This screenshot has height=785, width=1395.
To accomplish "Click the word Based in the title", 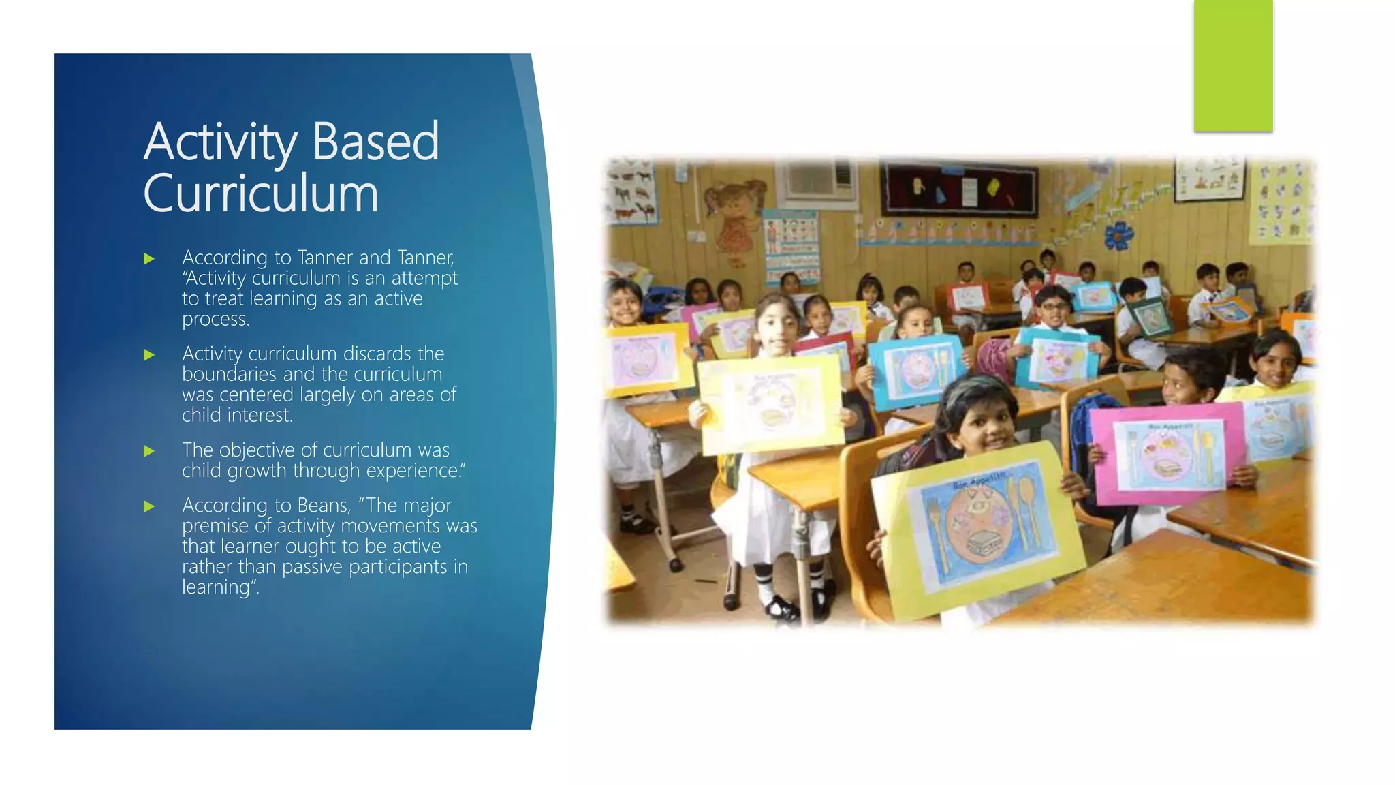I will pyautogui.click(x=375, y=142).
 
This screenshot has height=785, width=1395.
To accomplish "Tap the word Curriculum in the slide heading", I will pyautogui.click(x=260, y=194).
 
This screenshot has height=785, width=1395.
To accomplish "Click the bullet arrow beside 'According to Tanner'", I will pyautogui.click(x=149, y=259).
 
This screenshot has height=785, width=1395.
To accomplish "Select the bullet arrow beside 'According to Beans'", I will pyautogui.click(x=149, y=506).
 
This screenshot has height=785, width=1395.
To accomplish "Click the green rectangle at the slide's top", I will pyautogui.click(x=1233, y=65).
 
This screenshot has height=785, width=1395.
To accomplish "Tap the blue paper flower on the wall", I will pyautogui.click(x=1118, y=235).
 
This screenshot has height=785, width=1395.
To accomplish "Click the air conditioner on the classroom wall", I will pyautogui.click(x=820, y=181).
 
